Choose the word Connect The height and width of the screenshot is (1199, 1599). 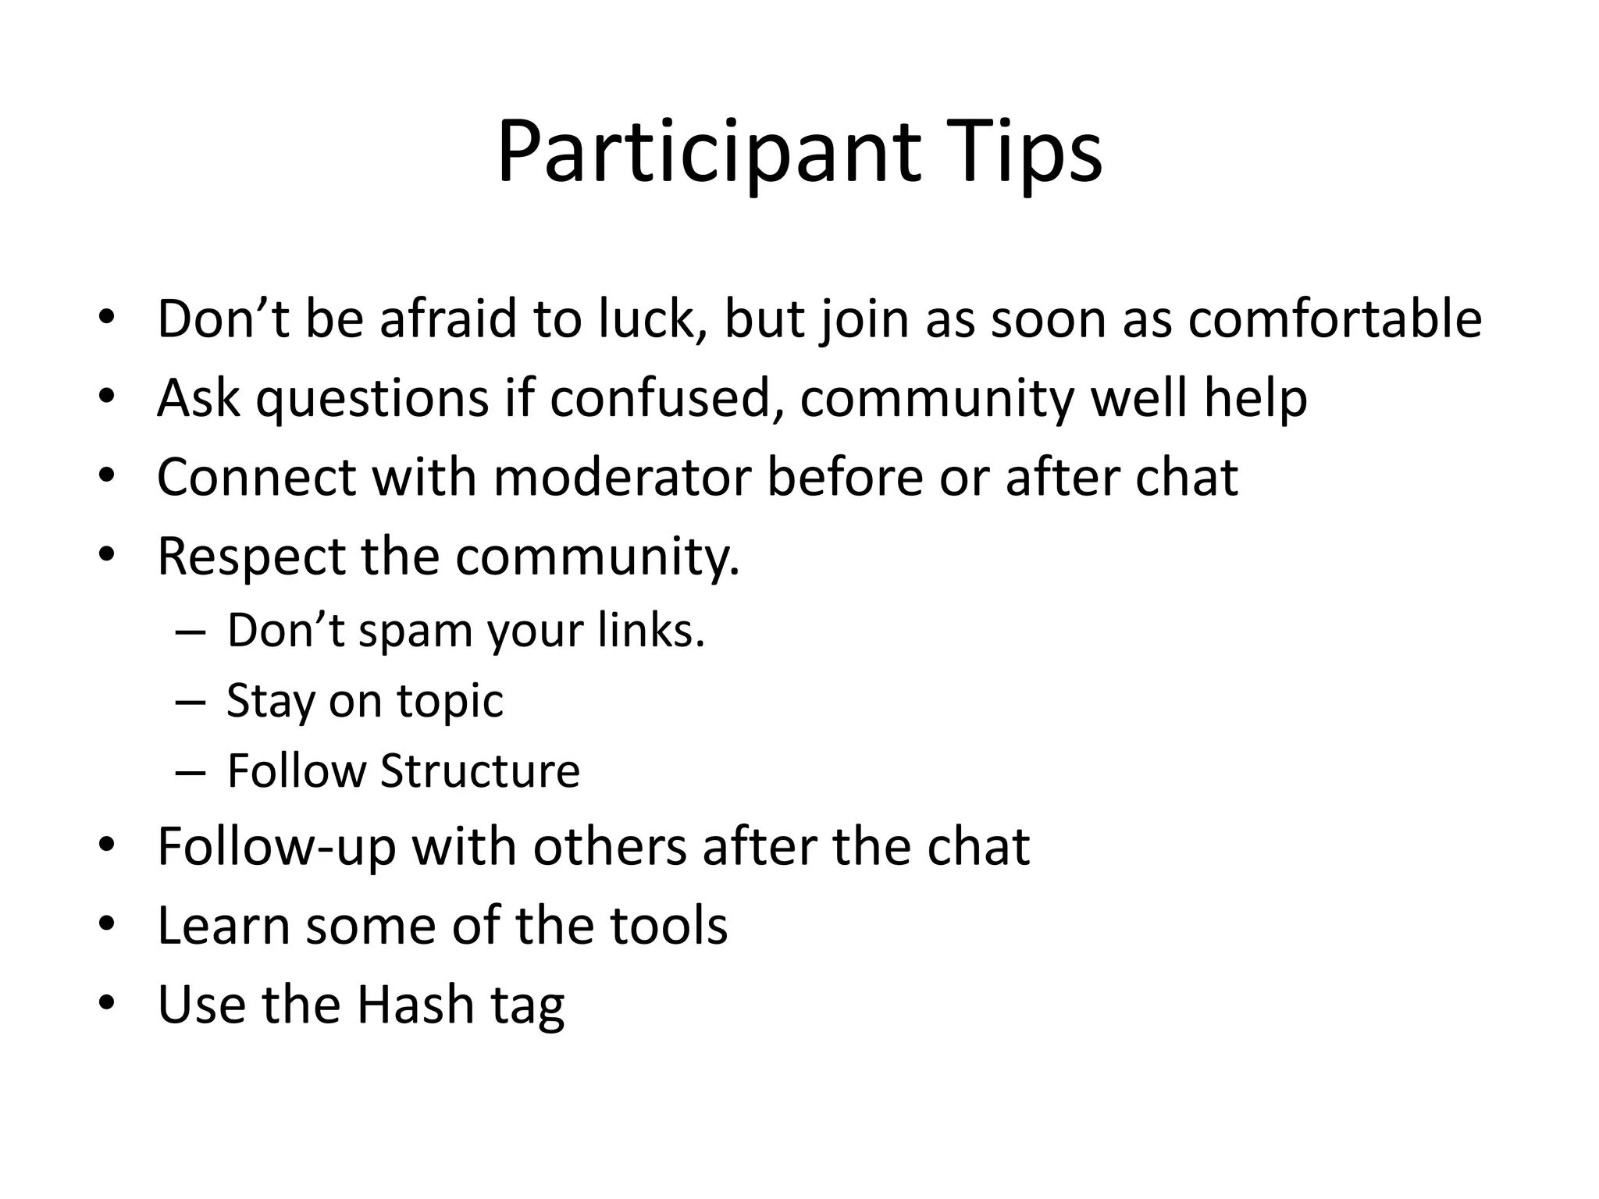click(x=257, y=477)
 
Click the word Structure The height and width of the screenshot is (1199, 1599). click(x=480, y=770)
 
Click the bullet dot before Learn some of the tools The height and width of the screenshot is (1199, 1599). click(x=107, y=925)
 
